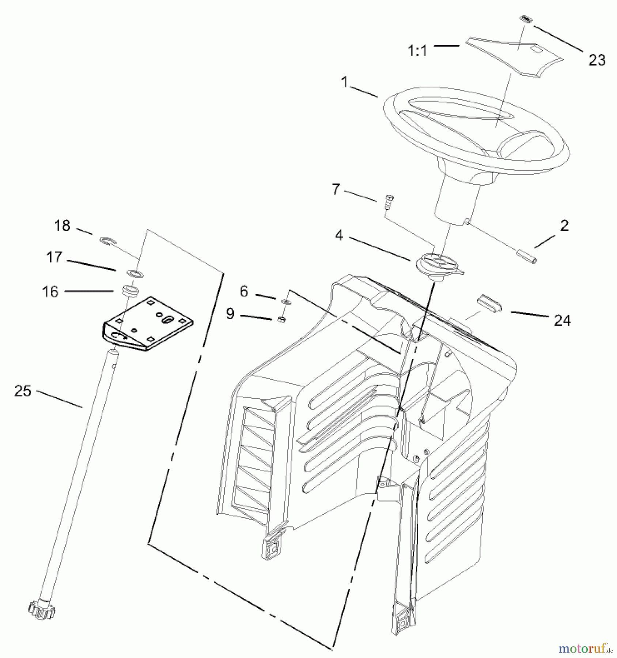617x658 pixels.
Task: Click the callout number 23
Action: click(597, 60)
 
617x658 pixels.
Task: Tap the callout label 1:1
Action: click(417, 51)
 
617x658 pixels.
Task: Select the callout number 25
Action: click(23, 391)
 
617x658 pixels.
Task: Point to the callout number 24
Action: click(562, 321)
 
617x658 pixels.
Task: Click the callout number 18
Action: click(62, 226)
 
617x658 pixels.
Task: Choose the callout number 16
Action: click(50, 292)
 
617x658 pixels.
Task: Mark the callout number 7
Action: click(336, 189)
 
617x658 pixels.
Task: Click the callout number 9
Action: click(230, 314)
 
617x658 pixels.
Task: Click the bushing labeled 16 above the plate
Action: click(130, 291)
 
